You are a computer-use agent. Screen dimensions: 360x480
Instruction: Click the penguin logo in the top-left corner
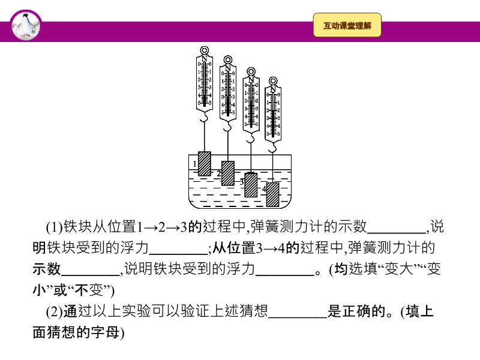point(25,26)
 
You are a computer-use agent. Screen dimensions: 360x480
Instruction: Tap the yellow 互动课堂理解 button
point(347,26)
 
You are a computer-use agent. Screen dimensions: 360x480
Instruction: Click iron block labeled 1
point(205,163)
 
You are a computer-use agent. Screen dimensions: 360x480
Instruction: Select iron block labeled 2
point(228,173)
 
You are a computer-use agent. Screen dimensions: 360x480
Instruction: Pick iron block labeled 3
point(251,185)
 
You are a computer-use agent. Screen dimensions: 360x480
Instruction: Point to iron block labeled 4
point(273,194)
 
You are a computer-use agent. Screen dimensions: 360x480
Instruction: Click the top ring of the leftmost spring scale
point(205,51)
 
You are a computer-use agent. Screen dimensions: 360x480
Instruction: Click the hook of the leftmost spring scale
point(205,121)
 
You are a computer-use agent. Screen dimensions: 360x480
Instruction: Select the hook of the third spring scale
point(251,139)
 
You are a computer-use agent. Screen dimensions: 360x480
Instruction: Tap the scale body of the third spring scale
point(251,105)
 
